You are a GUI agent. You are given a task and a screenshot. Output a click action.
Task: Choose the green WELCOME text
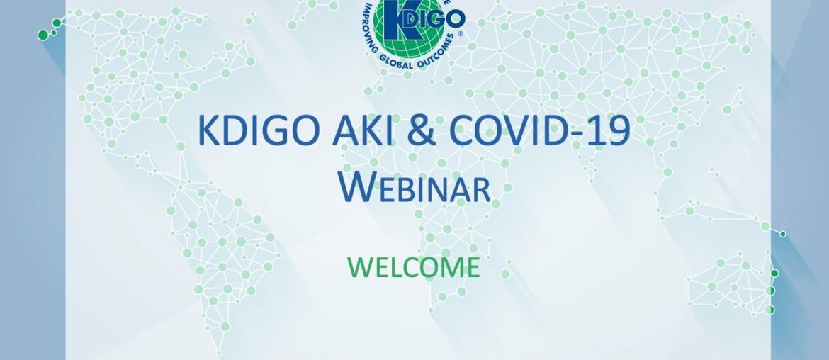[414, 267]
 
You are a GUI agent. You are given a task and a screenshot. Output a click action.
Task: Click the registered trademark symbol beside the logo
[461, 33]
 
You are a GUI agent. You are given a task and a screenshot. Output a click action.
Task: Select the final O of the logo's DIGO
[455, 17]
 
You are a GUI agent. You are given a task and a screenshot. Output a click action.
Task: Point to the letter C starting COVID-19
[473, 132]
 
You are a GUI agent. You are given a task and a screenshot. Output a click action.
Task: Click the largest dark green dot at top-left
[43, 34]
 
